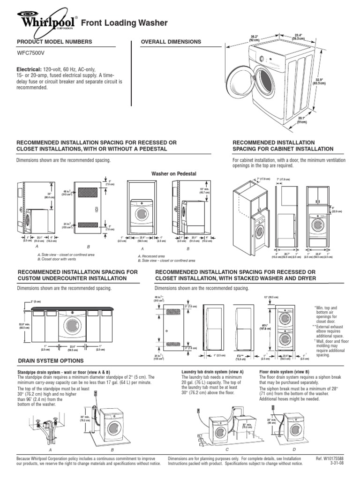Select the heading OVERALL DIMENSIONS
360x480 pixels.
tap(171, 42)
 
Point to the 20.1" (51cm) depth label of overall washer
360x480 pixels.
tap(301, 120)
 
